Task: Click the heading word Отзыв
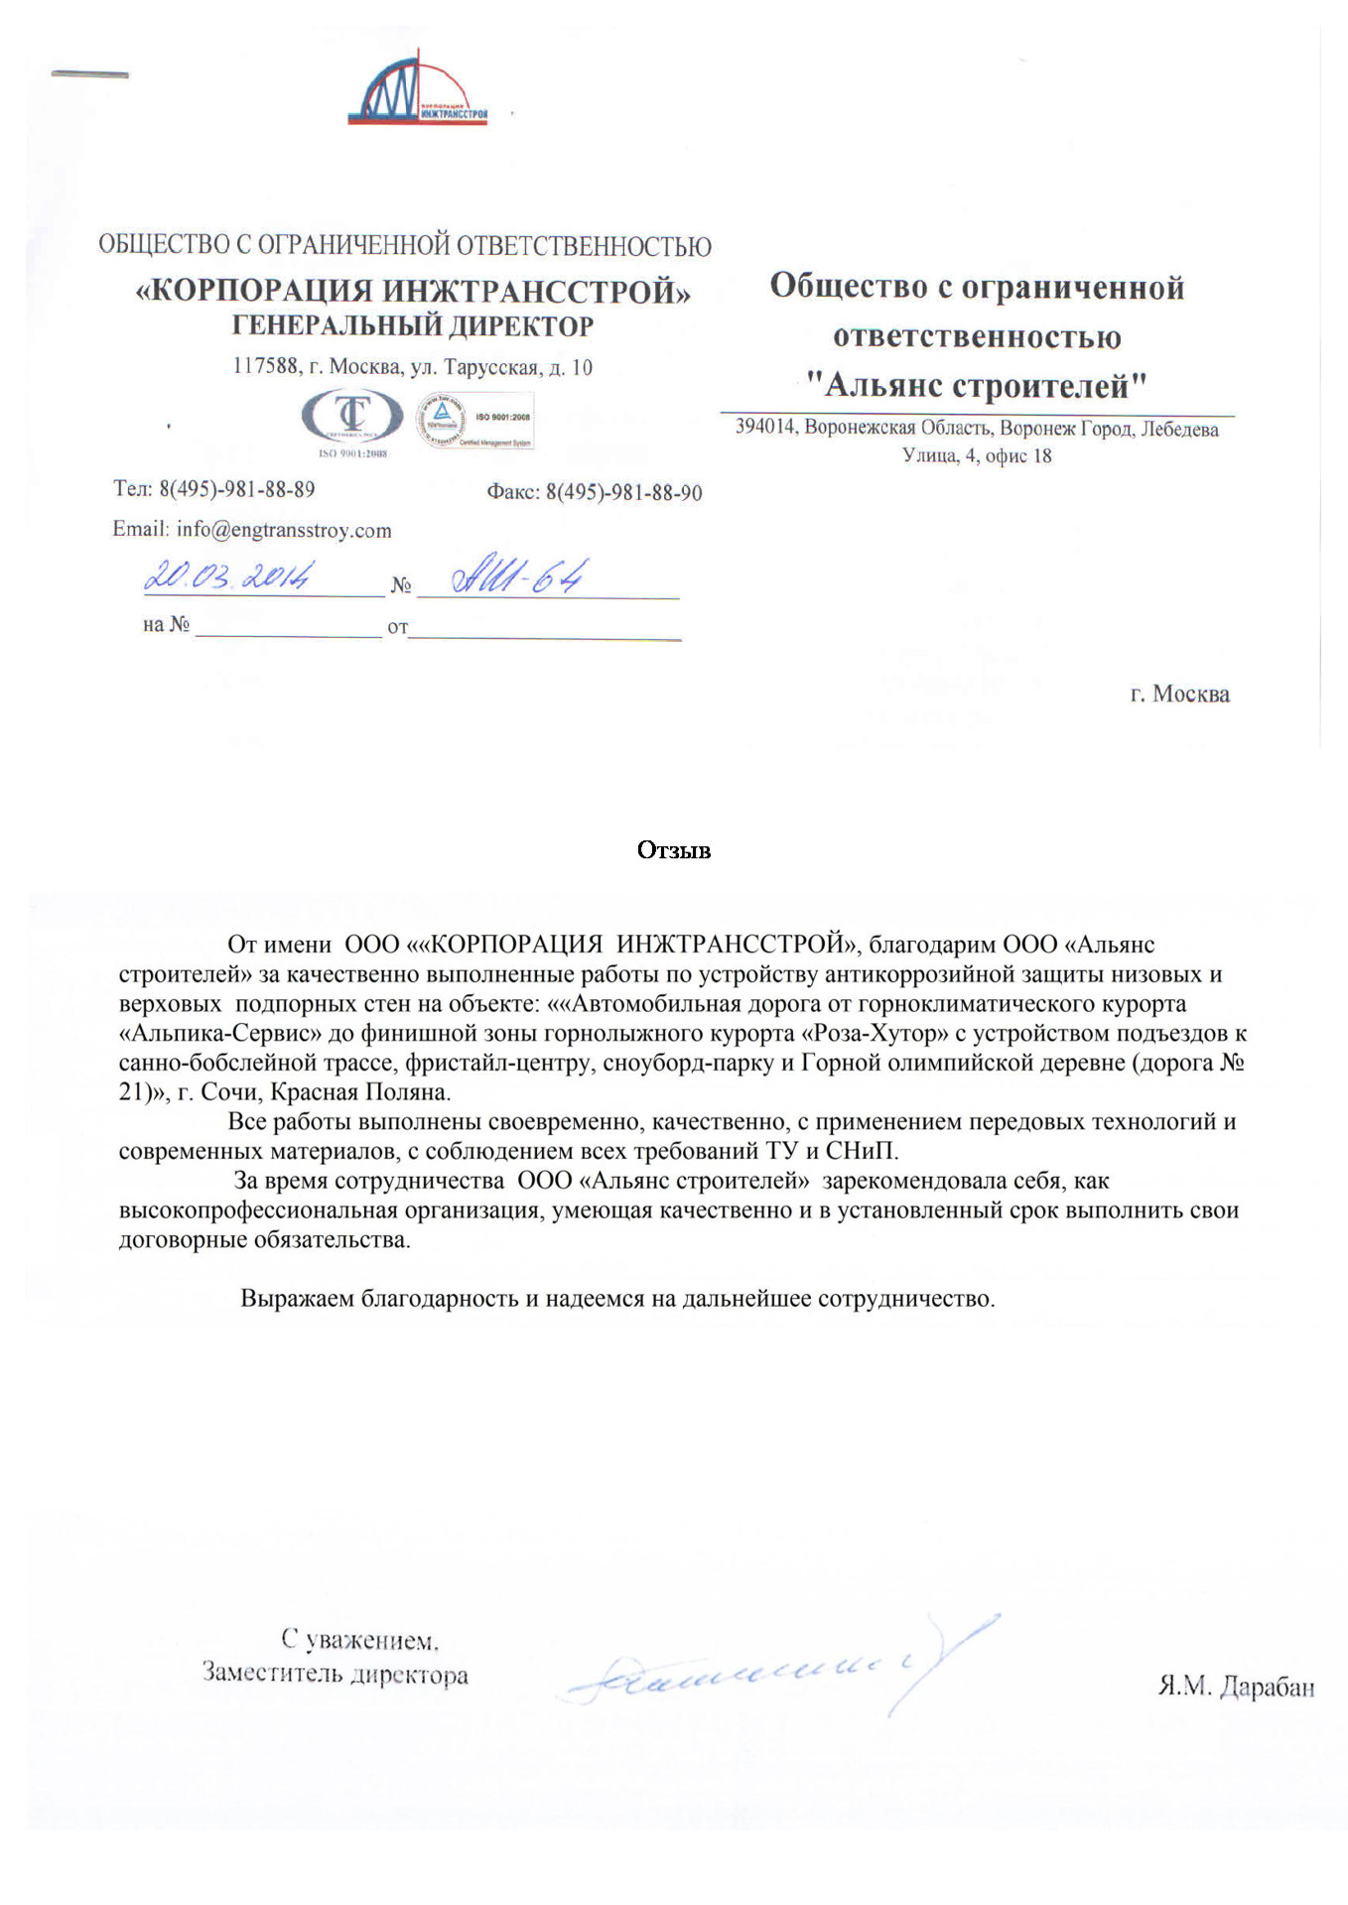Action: pos(674,850)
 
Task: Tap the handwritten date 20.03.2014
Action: pos(230,576)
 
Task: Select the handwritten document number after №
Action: pos(518,576)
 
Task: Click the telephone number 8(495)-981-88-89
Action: pos(237,489)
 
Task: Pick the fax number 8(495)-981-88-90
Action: pos(624,492)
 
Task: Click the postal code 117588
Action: pos(265,366)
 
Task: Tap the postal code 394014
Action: pos(765,429)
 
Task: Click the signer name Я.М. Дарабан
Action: pos(1236,1686)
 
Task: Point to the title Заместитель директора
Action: pos(336,1674)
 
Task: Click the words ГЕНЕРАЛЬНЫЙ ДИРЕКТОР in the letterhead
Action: pos(413,325)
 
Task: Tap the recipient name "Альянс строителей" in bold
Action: pos(977,385)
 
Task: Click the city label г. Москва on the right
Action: pos(1179,694)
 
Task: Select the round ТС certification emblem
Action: pos(352,419)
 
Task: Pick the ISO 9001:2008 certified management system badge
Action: pos(474,422)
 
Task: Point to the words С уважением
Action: pos(360,1639)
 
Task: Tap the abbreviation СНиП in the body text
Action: pos(861,1151)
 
